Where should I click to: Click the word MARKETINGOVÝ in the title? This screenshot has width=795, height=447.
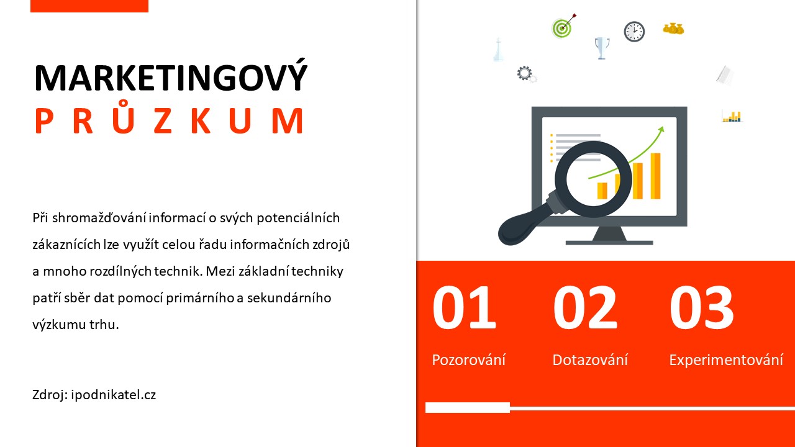point(171,76)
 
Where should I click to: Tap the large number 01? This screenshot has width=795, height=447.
point(464,307)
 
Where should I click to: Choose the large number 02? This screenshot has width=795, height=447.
point(585,307)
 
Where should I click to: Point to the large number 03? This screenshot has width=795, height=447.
point(701,307)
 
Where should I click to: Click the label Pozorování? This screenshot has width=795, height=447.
point(468,359)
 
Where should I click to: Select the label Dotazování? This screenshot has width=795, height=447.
point(590,359)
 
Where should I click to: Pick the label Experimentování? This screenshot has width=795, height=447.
point(726,360)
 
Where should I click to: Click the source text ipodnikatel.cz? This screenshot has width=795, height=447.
point(113,395)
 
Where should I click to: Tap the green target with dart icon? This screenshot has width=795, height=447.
point(563,27)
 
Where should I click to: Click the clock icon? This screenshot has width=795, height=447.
point(634,32)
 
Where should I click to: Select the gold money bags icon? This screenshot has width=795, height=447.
point(673,29)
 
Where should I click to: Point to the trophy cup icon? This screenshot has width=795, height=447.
point(602,48)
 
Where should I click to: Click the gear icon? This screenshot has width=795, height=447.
point(526,74)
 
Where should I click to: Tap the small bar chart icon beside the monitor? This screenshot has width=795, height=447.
point(732,116)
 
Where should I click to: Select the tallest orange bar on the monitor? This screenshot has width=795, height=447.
point(655,176)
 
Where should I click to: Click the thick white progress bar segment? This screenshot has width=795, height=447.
point(468,408)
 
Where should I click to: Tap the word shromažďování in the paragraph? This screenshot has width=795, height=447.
point(100,218)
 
